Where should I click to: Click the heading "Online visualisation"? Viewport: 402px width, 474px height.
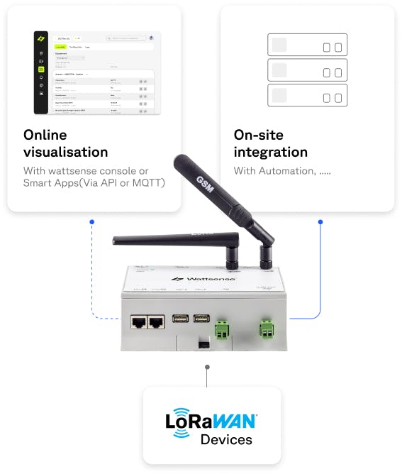coord(65,143)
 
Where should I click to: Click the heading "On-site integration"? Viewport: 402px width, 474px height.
coord(272,143)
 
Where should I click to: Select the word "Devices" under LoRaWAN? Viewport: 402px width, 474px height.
coord(226,440)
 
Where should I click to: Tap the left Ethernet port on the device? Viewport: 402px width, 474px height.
coord(138,321)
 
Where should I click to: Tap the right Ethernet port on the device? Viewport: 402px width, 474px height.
coord(157,321)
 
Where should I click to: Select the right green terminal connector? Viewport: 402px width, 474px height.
coord(268,328)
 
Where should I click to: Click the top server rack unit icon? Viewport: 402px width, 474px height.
coord(307,46)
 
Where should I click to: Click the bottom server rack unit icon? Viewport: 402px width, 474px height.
coord(307,96)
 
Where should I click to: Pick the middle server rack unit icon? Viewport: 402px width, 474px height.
coord(307,71)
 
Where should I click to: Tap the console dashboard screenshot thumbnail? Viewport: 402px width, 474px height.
coord(97,72)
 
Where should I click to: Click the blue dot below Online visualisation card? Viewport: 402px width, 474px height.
coord(92,222)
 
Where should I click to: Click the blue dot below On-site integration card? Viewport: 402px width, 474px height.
coord(320,222)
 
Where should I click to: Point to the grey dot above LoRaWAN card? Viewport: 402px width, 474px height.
coord(206,368)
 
